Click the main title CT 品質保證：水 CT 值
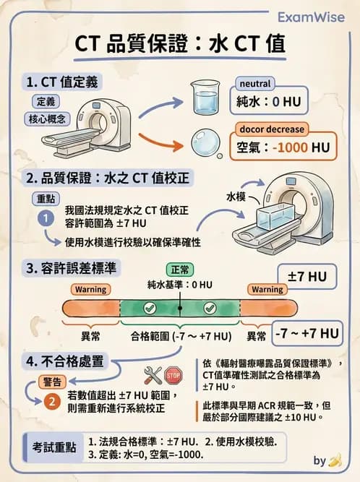click(x=180, y=44)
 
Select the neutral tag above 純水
click(x=254, y=84)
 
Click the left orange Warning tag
click(x=90, y=289)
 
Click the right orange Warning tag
click(x=267, y=289)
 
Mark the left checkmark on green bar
click(x=150, y=309)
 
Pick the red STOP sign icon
click(x=173, y=375)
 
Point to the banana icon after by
click(x=335, y=460)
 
